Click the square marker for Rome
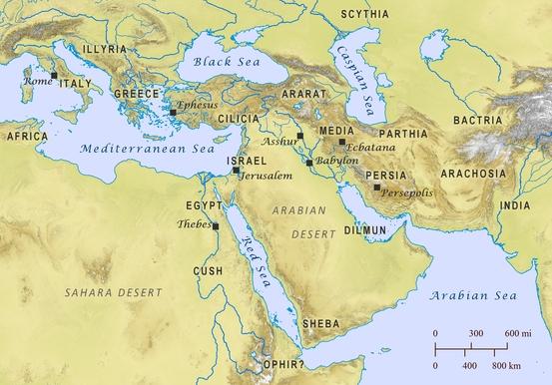[x=54, y=75]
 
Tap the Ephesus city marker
[x=173, y=113]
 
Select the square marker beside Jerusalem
[x=236, y=171]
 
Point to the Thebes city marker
[x=216, y=226]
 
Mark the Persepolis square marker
[x=376, y=187]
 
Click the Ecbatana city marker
[x=342, y=142]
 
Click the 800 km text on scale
[x=518, y=367]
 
